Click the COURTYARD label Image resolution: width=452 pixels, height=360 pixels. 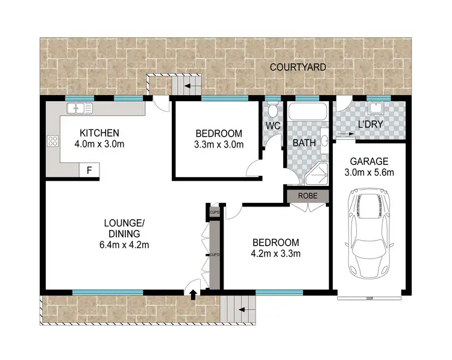point(298,67)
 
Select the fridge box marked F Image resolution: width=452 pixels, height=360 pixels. point(89,170)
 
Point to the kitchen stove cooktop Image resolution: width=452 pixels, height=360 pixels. point(53,143)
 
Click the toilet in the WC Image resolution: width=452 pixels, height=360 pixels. point(273,111)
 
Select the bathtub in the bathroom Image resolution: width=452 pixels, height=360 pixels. point(307,112)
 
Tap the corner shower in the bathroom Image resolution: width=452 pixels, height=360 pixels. point(316,173)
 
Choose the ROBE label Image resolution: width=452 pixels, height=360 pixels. point(307,196)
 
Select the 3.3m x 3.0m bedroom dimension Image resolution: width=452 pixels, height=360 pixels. point(219,144)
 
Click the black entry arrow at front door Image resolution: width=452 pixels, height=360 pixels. point(193,294)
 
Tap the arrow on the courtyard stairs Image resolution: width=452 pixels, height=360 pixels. point(189,87)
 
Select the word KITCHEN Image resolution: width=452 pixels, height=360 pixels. point(100,133)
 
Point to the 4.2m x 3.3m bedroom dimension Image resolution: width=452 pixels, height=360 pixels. point(275,253)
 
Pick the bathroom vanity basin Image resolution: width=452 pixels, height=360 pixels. point(324,142)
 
